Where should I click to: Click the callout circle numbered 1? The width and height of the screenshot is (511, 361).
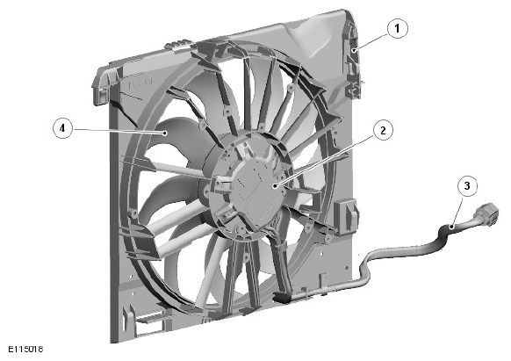pyautogui.click(x=397, y=29)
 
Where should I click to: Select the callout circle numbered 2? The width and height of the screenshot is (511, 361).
pyautogui.click(x=383, y=131)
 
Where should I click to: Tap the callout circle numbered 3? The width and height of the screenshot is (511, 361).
pyautogui.click(x=467, y=186)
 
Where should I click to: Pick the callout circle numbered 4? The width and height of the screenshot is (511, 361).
pyautogui.click(x=62, y=128)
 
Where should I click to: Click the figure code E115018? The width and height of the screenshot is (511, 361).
pyautogui.click(x=25, y=349)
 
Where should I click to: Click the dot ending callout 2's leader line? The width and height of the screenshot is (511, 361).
pyautogui.click(x=276, y=186)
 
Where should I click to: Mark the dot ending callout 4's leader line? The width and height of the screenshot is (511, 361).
pyautogui.click(x=165, y=133)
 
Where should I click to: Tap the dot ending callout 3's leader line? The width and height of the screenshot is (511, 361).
pyautogui.click(x=451, y=227)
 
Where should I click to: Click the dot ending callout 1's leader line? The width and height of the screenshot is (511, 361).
pyautogui.click(x=354, y=50)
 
